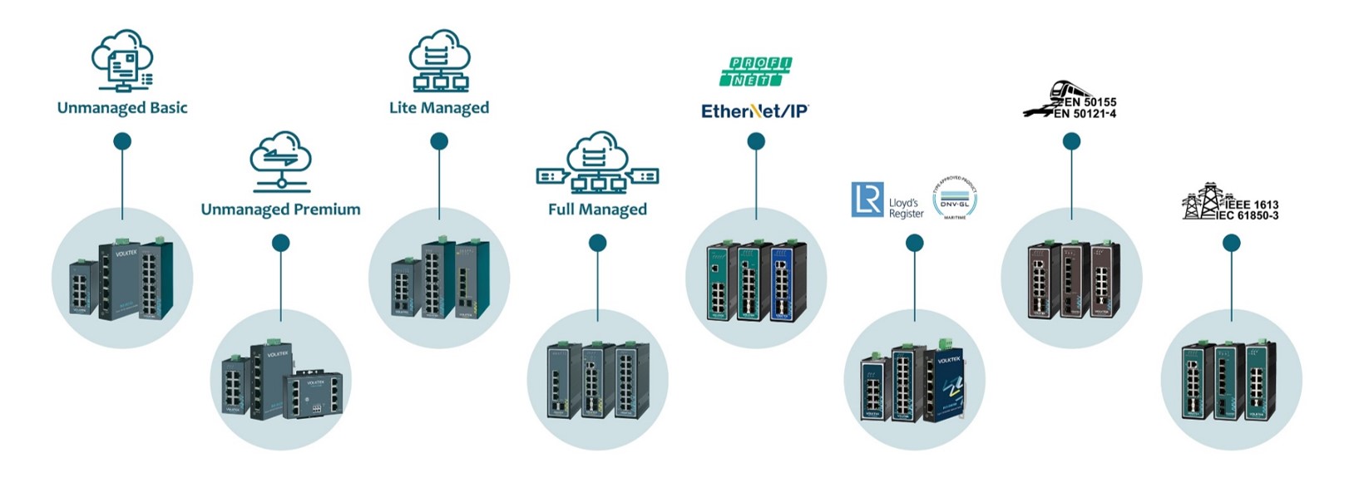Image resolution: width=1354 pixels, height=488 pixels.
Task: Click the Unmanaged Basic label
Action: [x=122, y=108]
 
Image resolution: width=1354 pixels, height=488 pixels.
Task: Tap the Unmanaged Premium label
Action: [x=280, y=209]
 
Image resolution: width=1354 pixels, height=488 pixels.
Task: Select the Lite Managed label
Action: [x=439, y=108]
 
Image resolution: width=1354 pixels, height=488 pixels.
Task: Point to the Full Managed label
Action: [x=597, y=209]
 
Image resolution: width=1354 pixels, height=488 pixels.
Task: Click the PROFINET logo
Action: [x=755, y=71]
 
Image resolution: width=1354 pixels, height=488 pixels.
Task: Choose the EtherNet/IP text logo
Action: [x=755, y=111]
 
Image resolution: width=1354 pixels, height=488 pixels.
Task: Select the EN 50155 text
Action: [x=1090, y=102]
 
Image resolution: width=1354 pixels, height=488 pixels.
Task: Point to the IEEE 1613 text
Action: [x=1251, y=205]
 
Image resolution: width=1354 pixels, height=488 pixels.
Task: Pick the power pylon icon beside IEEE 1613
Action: [x=1201, y=201]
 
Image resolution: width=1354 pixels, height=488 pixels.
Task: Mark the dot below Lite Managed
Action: [x=439, y=141]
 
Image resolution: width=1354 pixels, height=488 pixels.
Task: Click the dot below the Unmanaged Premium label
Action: [x=280, y=243]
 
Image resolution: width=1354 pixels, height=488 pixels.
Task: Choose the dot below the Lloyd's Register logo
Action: [x=914, y=243]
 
